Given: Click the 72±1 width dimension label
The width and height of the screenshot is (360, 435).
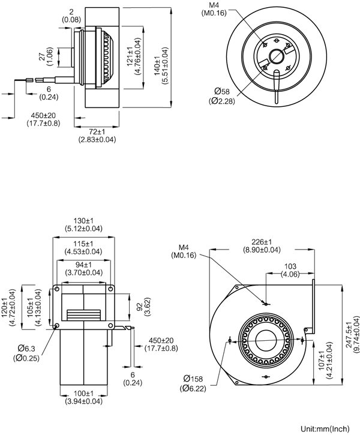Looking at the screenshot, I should [x=97, y=131].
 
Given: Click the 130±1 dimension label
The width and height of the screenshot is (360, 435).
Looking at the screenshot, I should [x=83, y=220].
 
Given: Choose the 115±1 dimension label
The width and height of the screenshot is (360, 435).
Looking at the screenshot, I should [x=83, y=244].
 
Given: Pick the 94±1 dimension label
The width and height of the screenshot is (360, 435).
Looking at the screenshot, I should [x=83, y=263].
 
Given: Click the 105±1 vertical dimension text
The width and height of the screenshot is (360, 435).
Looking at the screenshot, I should [x=34, y=307].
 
